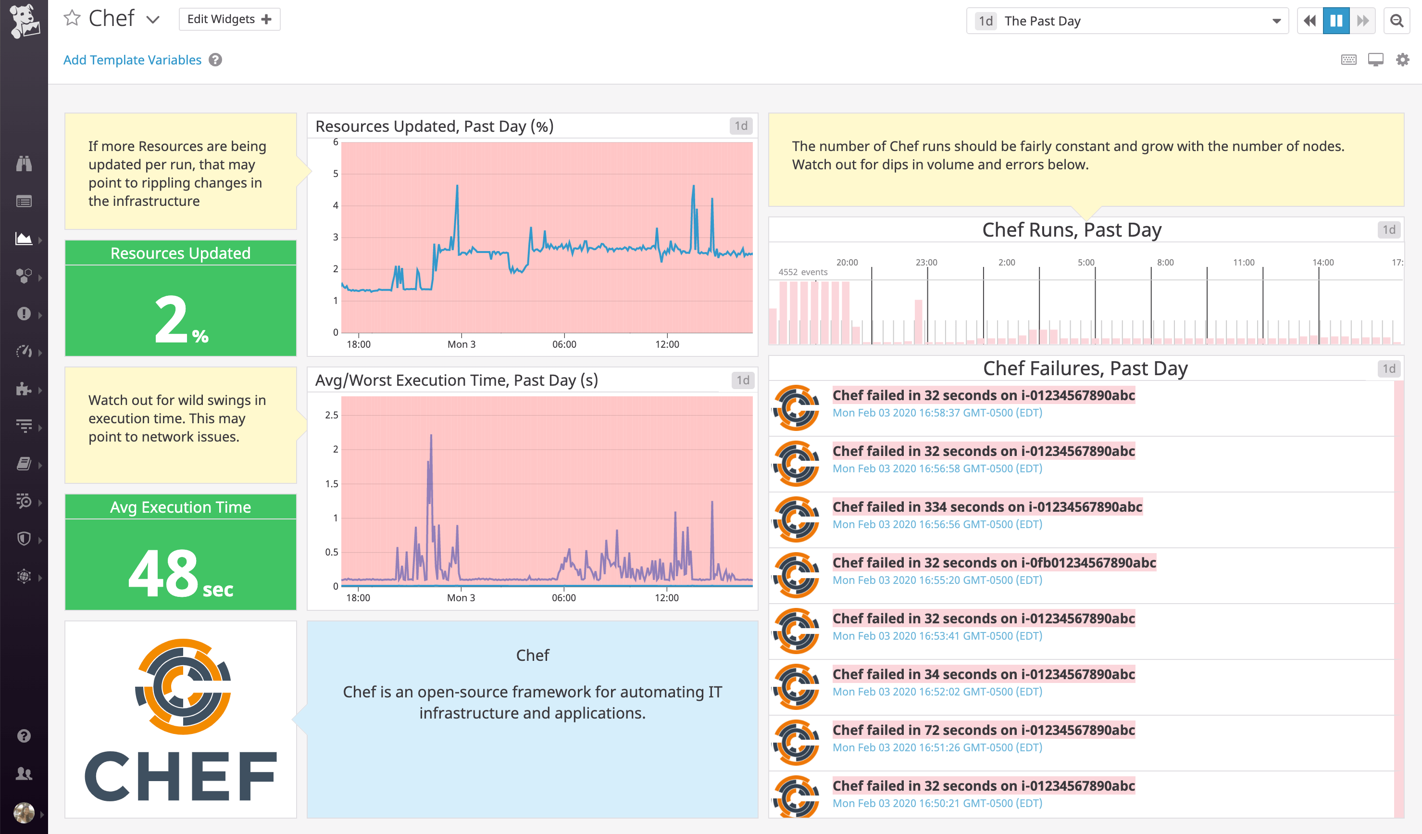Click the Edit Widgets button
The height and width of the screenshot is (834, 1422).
(229, 19)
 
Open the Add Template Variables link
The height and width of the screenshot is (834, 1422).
(132, 60)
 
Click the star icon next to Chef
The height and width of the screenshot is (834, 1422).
(72, 19)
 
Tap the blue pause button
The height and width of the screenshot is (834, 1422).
(1335, 21)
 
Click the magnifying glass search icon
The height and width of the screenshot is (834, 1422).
(1397, 21)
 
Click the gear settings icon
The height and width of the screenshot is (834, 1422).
(1402, 59)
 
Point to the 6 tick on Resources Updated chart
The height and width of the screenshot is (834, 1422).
(335, 142)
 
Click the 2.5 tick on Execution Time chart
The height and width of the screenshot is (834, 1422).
(332, 415)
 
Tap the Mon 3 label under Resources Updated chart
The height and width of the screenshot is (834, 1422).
(461, 344)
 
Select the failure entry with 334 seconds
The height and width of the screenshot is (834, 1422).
(987, 507)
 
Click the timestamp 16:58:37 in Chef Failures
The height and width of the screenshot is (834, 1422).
(937, 413)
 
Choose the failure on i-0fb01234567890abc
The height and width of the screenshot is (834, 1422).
(994, 563)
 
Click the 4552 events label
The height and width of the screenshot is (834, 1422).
(802, 272)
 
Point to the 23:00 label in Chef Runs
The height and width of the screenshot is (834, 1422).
(926, 263)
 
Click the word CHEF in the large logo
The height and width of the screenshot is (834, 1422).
(181, 776)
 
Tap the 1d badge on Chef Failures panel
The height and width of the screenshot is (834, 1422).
(1388, 369)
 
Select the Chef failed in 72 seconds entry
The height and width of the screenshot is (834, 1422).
(984, 730)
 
